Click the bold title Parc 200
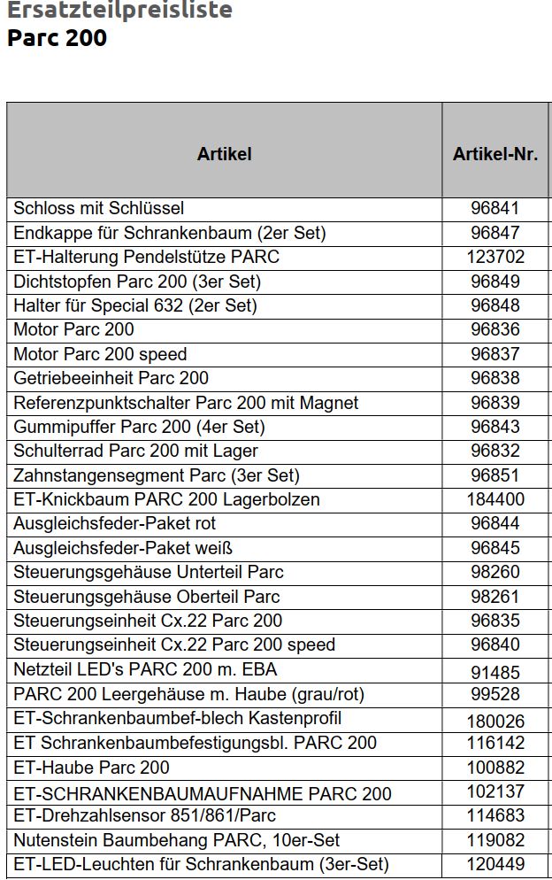(x=57, y=38)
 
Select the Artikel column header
(x=224, y=154)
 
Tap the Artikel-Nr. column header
(x=495, y=154)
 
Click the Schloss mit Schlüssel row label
(x=99, y=209)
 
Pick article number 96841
(x=495, y=209)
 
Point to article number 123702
(x=495, y=258)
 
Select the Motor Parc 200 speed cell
(x=100, y=354)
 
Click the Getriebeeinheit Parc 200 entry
(x=111, y=379)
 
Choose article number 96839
(x=495, y=403)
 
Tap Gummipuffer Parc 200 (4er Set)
(x=139, y=427)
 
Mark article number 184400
(x=495, y=499)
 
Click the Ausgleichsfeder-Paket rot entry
(x=115, y=523)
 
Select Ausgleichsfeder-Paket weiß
(x=123, y=548)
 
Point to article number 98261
(x=495, y=597)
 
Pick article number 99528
(x=495, y=695)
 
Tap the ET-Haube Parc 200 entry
(x=92, y=768)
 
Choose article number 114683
(x=495, y=815)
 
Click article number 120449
(x=495, y=864)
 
